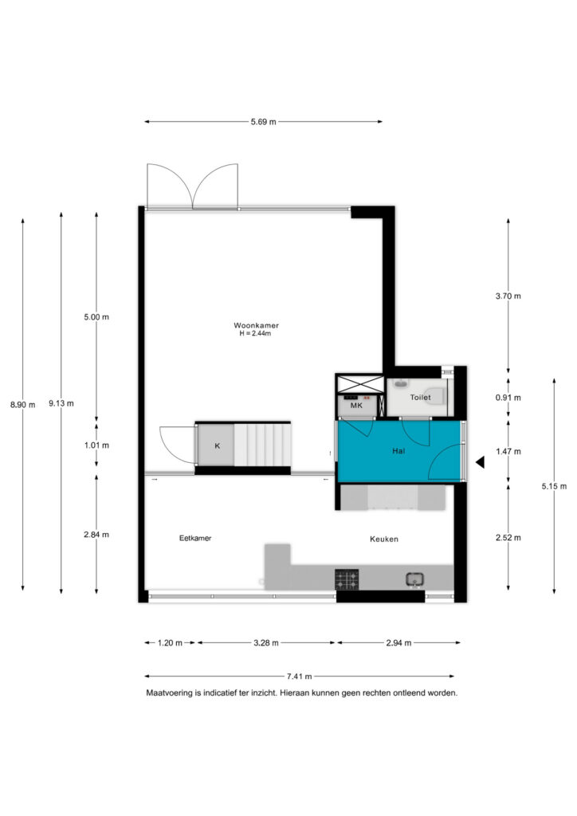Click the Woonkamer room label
(256, 325)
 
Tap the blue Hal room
(399, 451)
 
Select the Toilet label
(420, 398)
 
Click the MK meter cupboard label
(356, 405)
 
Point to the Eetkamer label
(195, 538)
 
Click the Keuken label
(384, 539)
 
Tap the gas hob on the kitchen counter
(347, 580)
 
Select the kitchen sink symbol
(414, 579)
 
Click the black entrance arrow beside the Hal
(481, 461)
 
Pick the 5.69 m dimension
(263, 122)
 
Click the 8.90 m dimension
(23, 404)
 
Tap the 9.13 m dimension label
(61, 403)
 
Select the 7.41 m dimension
(299, 677)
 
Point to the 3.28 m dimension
(266, 643)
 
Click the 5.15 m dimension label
(554, 486)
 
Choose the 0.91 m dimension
(508, 398)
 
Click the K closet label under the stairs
(218, 446)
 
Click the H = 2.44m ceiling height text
(255, 334)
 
